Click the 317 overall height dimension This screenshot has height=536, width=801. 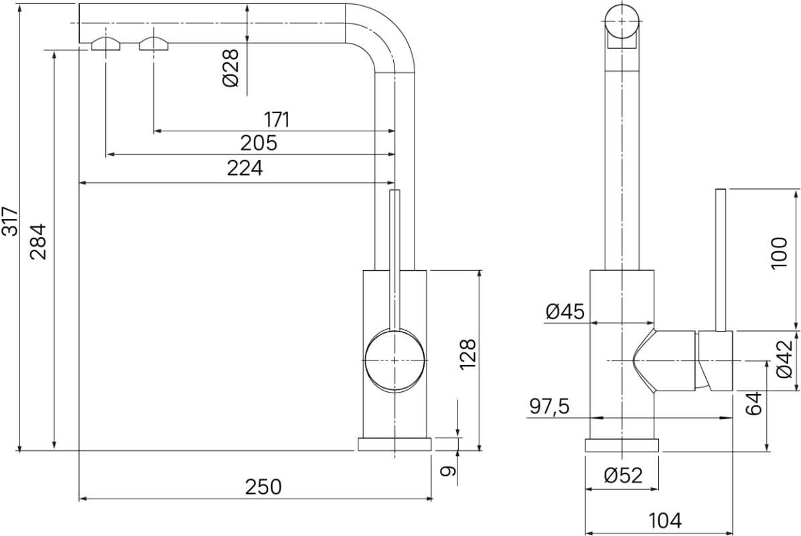click(x=9, y=221)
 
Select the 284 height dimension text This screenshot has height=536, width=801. click(x=38, y=242)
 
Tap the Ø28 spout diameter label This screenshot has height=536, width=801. click(x=231, y=68)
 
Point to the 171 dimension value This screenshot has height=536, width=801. click(x=277, y=119)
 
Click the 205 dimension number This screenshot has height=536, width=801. click(x=259, y=143)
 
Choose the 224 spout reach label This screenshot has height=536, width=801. click(x=245, y=167)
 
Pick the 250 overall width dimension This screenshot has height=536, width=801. click(x=263, y=487)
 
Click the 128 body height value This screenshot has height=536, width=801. click(x=467, y=354)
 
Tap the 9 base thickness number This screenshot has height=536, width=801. click(x=448, y=470)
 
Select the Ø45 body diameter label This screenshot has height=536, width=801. click(x=565, y=311)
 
